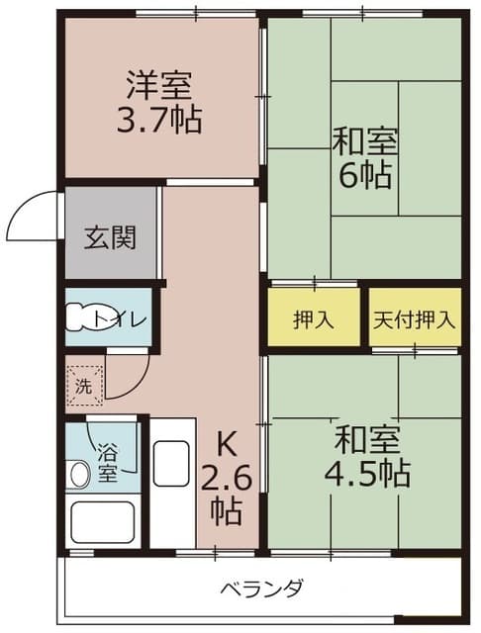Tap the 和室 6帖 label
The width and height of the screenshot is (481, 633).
coord(365,158)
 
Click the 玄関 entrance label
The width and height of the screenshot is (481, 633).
coord(110,238)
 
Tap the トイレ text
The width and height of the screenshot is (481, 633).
coord(122,319)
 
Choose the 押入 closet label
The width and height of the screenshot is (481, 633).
coord(313,319)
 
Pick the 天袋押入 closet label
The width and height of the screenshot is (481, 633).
coord(416,319)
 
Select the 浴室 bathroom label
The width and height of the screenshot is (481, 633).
coord(106,463)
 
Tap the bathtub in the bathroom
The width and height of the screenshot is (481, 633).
coord(101,520)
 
